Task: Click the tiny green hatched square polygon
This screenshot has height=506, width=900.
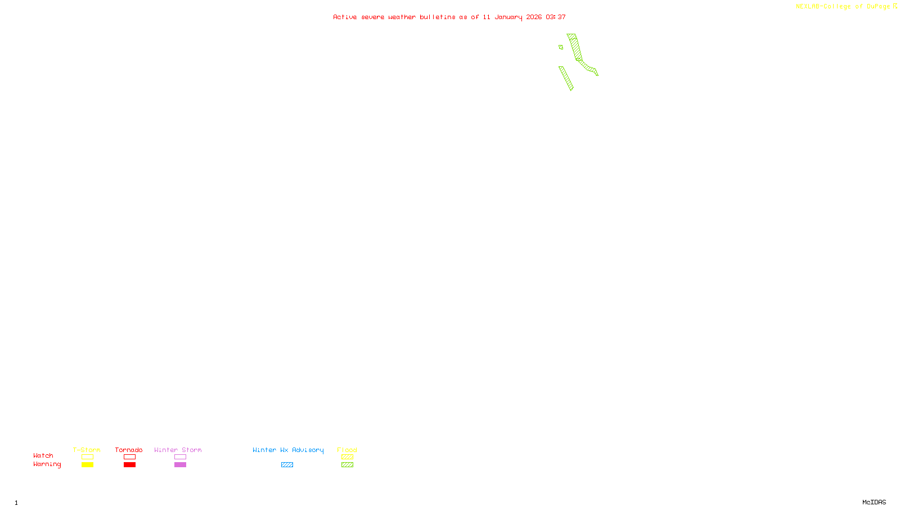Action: (561, 47)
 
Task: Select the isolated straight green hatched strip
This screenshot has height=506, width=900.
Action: (566, 78)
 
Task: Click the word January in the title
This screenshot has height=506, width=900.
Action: (508, 17)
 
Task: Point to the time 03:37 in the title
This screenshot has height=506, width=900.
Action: (555, 17)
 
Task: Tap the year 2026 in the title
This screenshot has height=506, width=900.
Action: (534, 17)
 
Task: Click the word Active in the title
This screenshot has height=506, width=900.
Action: (344, 17)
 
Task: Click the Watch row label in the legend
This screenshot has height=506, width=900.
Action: (43, 456)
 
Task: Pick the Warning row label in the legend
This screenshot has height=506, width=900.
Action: (47, 464)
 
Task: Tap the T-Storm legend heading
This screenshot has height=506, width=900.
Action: (87, 450)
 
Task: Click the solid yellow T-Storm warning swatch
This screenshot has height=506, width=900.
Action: (87, 465)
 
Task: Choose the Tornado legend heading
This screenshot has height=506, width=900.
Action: (129, 450)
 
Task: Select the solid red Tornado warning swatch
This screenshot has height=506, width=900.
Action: (129, 465)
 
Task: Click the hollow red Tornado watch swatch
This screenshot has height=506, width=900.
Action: (129, 457)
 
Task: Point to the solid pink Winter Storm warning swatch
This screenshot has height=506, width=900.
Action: (180, 465)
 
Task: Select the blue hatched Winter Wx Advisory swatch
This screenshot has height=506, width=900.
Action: (287, 465)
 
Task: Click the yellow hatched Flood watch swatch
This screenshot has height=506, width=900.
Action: (347, 457)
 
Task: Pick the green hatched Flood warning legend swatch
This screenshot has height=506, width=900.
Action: (347, 465)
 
